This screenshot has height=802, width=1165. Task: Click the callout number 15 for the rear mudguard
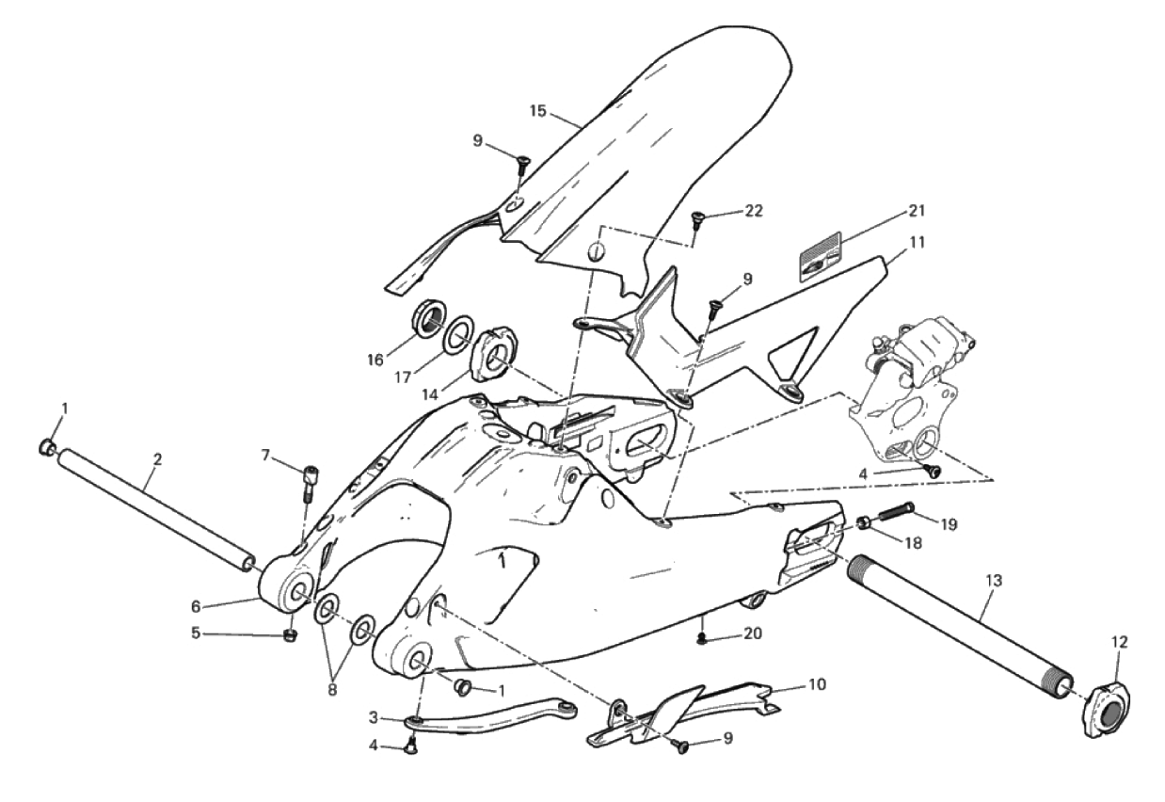[538, 111]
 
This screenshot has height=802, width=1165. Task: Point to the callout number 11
[918, 242]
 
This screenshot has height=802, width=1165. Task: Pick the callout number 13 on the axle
[994, 581]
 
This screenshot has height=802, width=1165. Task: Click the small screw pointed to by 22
[695, 221]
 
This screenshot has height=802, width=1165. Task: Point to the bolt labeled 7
[310, 483]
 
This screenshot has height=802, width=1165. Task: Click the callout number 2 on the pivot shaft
[157, 459]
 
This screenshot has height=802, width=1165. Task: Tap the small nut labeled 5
[289, 635]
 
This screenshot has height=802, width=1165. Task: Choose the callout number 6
[196, 606]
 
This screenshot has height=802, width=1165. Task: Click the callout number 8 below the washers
[332, 690]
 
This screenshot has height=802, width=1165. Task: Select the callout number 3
[374, 717]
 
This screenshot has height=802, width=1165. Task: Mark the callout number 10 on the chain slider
[817, 685]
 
